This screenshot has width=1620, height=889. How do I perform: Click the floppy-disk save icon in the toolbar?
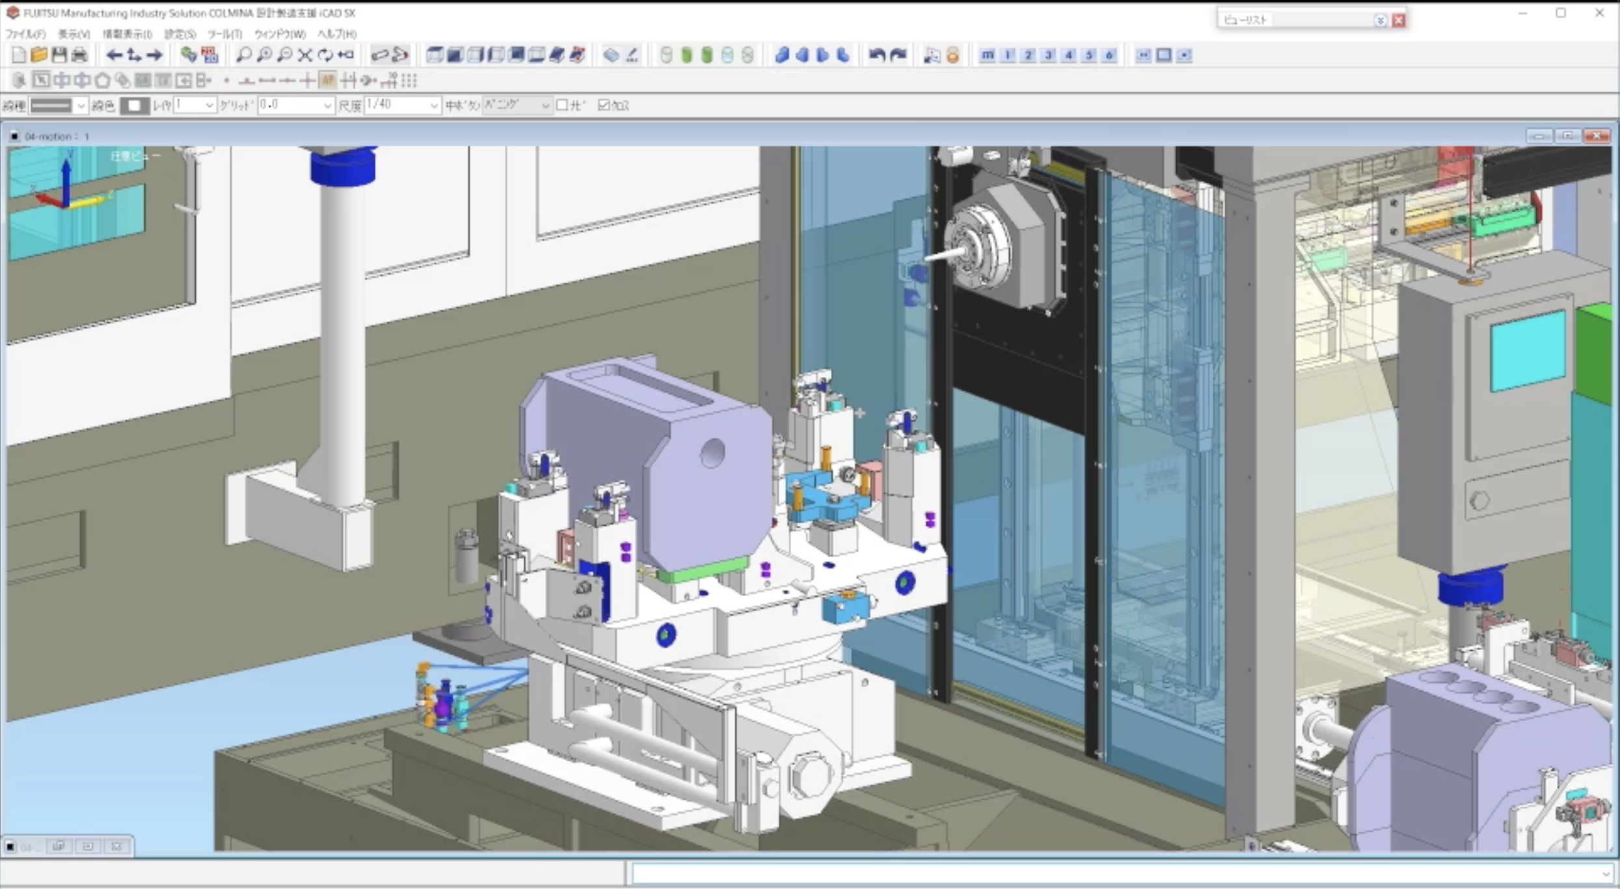click(59, 55)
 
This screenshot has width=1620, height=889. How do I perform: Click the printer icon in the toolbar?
click(79, 55)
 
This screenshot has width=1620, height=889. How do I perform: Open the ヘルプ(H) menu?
click(336, 34)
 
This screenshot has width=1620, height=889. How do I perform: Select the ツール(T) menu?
click(224, 34)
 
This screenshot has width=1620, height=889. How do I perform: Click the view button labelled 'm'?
click(988, 55)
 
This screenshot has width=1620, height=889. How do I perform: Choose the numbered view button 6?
click(1109, 55)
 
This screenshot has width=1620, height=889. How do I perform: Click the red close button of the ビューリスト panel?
click(1398, 20)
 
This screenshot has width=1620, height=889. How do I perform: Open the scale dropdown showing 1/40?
click(434, 105)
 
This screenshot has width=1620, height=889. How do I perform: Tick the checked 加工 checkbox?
click(604, 105)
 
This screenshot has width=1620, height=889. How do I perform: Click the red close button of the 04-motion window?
click(1597, 136)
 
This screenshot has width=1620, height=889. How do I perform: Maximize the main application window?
click(1561, 13)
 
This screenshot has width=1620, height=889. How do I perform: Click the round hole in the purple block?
click(712, 453)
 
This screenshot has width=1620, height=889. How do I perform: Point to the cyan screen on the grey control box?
click(1527, 350)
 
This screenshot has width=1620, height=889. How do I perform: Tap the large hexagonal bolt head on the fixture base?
click(810, 776)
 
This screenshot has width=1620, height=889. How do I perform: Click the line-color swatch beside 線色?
click(135, 105)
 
